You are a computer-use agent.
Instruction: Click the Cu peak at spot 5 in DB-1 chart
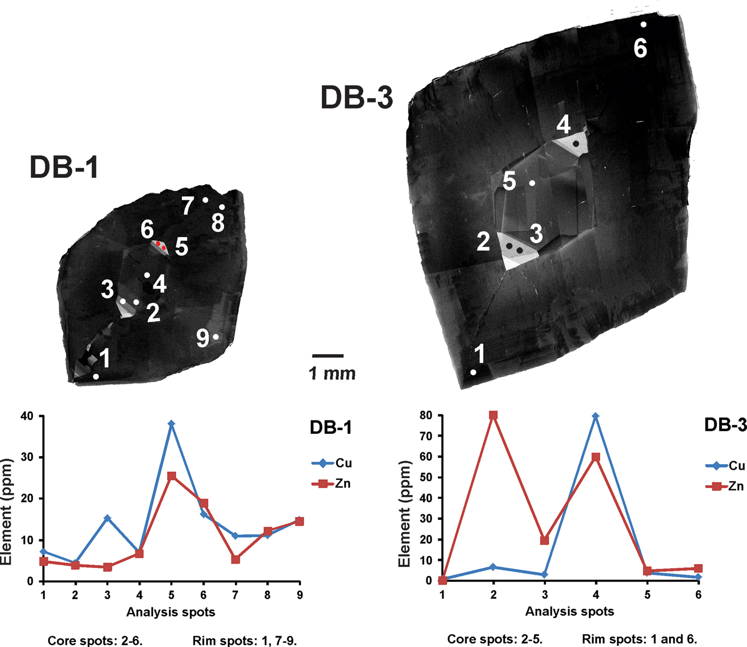click(x=171, y=424)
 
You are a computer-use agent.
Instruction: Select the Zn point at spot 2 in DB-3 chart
click(x=494, y=415)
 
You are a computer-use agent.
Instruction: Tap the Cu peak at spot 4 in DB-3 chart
click(x=596, y=416)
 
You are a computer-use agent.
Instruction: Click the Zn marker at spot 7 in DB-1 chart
click(x=235, y=559)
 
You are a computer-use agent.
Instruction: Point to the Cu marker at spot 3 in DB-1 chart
click(x=107, y=518)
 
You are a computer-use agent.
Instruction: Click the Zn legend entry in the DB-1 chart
click(x=331, y=484)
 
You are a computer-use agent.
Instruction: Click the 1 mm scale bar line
click(x=328, y=355)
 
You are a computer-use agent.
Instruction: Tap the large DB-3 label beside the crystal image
click(x=357, y=98)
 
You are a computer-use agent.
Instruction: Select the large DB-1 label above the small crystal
click(x=64, y=167)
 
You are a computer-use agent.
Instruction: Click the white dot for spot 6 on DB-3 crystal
click(x=643, y=25)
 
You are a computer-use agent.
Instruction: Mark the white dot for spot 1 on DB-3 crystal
click(x=473, y=372)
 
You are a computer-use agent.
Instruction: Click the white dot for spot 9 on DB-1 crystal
click(x=216, y=337)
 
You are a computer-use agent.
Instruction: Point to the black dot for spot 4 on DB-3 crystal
click(x=576, y=144)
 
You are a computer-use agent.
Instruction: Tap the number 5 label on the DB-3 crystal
click(x=510, y=182)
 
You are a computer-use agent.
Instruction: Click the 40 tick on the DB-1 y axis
click(x=26, y=416)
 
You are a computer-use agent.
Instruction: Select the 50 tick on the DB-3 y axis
click(x=426, y=477)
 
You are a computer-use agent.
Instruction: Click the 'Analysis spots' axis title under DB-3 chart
click(x=569, y=612)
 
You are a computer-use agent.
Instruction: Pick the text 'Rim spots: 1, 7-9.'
click(x=244, y=640)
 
